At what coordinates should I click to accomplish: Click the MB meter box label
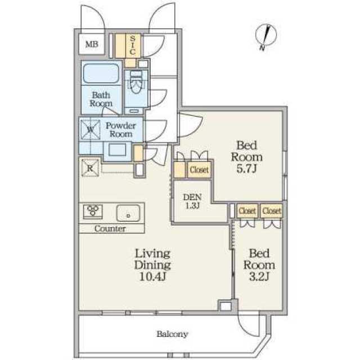[x=92, y=44]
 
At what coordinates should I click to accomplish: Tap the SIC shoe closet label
[x=133, y=45]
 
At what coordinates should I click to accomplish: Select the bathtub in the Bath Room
[x=101, y=74]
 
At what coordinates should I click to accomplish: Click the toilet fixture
[x=136, y=82]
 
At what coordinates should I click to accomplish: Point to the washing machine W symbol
[x=91, y=130]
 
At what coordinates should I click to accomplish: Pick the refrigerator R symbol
[x=90, y=168]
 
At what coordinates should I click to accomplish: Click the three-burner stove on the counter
[x=93, y=210]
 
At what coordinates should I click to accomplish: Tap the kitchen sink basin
[x=128, y=213]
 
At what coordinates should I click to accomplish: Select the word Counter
[x=110, y=228]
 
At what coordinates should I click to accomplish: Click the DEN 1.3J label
[x=192, y=201]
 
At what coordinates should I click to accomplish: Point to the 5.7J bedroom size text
[x=246, y=169]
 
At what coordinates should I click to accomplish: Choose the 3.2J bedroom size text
[x=259, y=277]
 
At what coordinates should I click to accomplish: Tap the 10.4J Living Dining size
[x=152, y=277]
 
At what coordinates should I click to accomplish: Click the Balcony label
[x=173, y=334]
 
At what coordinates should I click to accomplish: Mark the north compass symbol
[x=266, y=35]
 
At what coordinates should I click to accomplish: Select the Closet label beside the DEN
[x=199, y=170]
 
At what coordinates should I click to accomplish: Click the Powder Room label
[x=121, y=130]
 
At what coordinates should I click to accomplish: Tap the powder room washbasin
[x=118, y=151]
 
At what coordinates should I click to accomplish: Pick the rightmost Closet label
[x=272, y=210]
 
